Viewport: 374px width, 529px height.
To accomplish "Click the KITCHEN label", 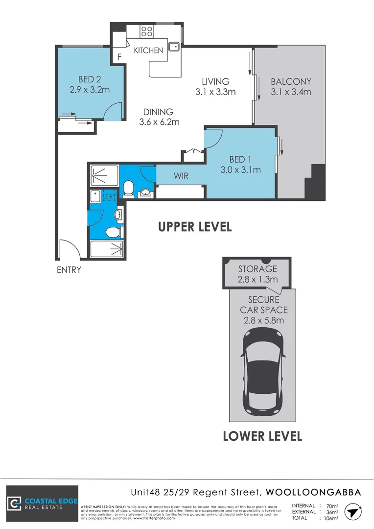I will pyautogui.click(x=148, y=50).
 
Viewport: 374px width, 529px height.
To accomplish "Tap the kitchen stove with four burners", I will pyautogui.click(x=146, y=32).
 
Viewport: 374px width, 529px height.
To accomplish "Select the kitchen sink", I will pyautogui.click(x=173, y=47).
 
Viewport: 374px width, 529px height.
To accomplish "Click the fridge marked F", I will pyautogui.click(x=119, y=57).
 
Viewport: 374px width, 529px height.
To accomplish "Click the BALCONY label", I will pyautogui.click(x=291, y=81).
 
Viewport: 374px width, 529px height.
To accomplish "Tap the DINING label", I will pyautogui.click(x=158, y=112).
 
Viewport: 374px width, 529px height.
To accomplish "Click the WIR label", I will pyautogui.click(x=181, y=176).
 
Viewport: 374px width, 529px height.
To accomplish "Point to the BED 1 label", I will pyautogui.click(x=240, y=159).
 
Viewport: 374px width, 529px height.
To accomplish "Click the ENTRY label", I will pyautogui.click(x=69, y=270).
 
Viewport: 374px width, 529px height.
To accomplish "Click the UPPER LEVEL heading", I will pyautogui.click(x=194, y=227).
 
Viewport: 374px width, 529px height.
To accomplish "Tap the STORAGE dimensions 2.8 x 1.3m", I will pyautogui.click(x=257, y=279).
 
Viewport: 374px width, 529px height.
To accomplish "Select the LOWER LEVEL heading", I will pyautogui.click(x=262, y=435).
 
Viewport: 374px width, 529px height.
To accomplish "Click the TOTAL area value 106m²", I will pyautogui.click(x=331, y=518).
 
